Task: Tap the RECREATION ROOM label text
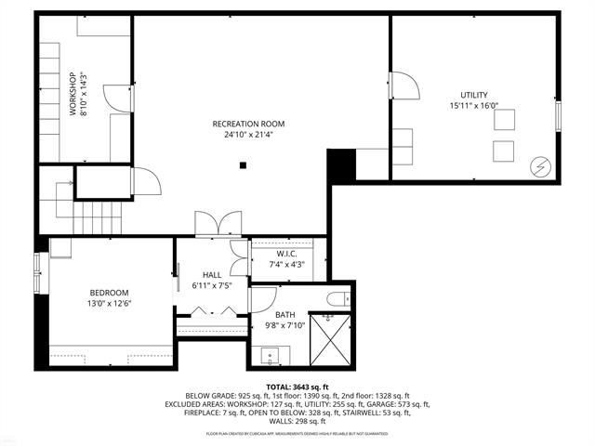pyautogui.click(x=248, y=124)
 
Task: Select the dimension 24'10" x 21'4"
pyautogui.click(x=248, y=135)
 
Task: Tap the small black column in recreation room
pyautogui.click(x=242, y=165)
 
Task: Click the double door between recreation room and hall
pyautogui.click(x=218, y=225)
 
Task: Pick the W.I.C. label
pyautogui.click(x=285, y=254)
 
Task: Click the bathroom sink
pyautogui.click(x=271, y=354)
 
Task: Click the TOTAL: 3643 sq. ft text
pyautogui.click(x=297, y=386)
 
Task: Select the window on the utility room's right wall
pyautogui.click(x=559, y=116)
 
